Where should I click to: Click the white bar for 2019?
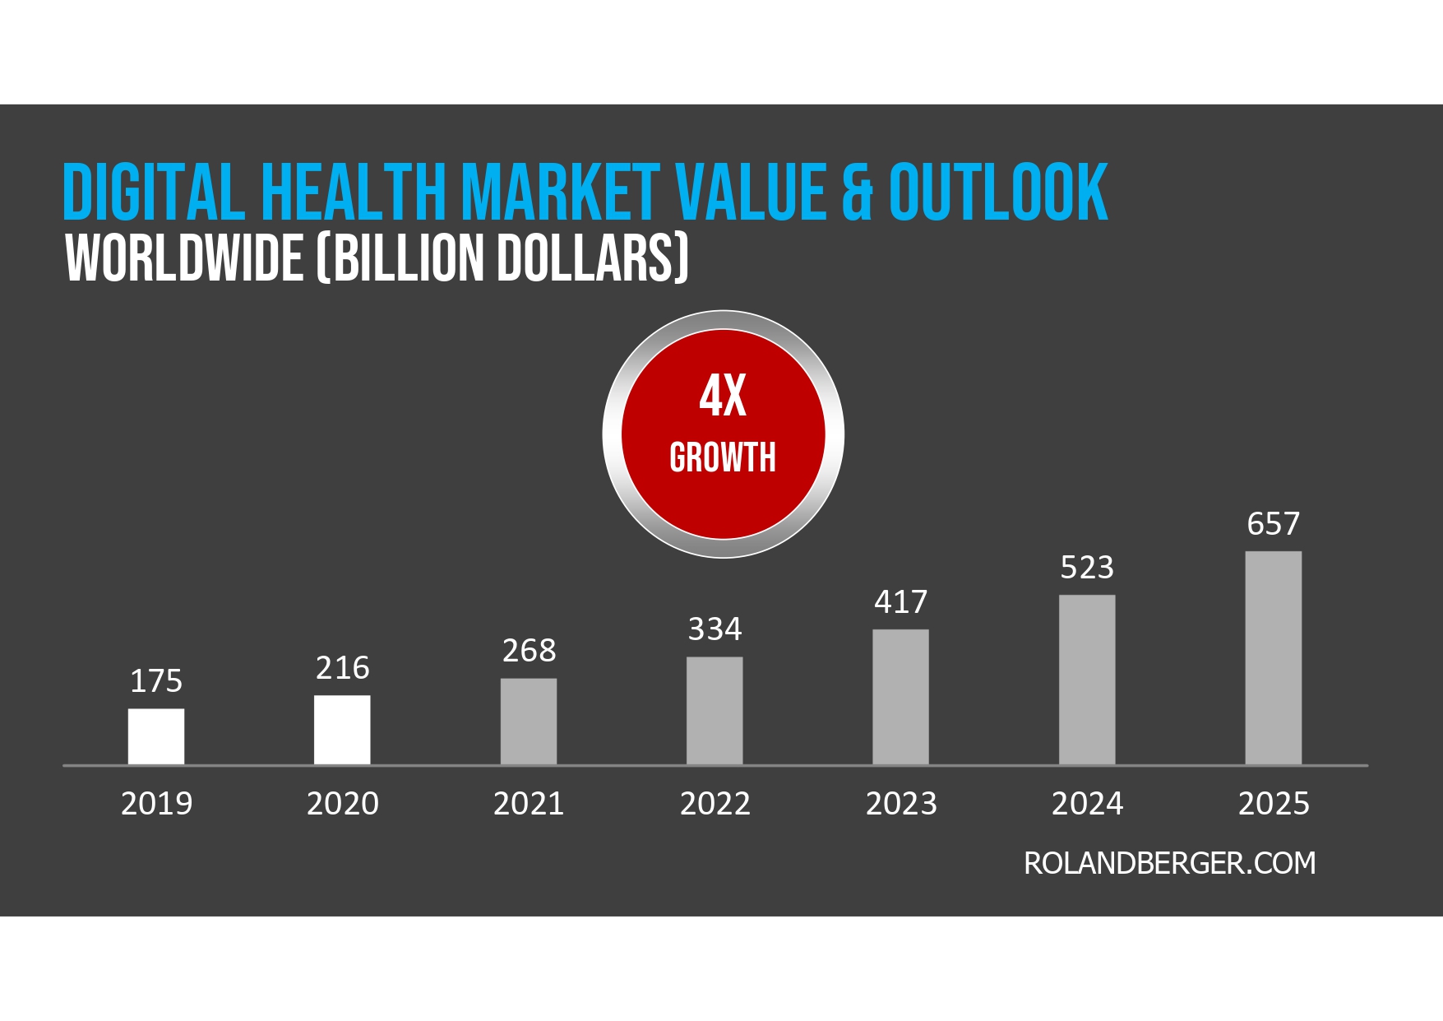pos(156,736)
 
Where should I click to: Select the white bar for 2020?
pos(342,730)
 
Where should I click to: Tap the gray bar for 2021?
pos(529,722)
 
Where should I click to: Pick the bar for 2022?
pos(715,711)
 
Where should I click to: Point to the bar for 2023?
pos(900,697)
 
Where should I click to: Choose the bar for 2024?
pos(1087,680)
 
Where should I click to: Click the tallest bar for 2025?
pos(1273,658)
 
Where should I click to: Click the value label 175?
pos(156,681)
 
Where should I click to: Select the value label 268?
pos(529,651)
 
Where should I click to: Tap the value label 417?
pos(900,602)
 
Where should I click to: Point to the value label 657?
pos(1273,524)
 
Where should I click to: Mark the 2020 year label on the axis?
pos(342,804)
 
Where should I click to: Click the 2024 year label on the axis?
pos(1087,804)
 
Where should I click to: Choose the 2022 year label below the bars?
pos(715,804)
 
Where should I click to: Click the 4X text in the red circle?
pos(723,396)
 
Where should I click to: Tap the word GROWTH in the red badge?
pos(723,457)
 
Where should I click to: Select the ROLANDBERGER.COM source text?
pos(1169,863)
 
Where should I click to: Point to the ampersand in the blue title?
pos(856,194)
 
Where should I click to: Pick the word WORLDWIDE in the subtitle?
pos(184,258)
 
